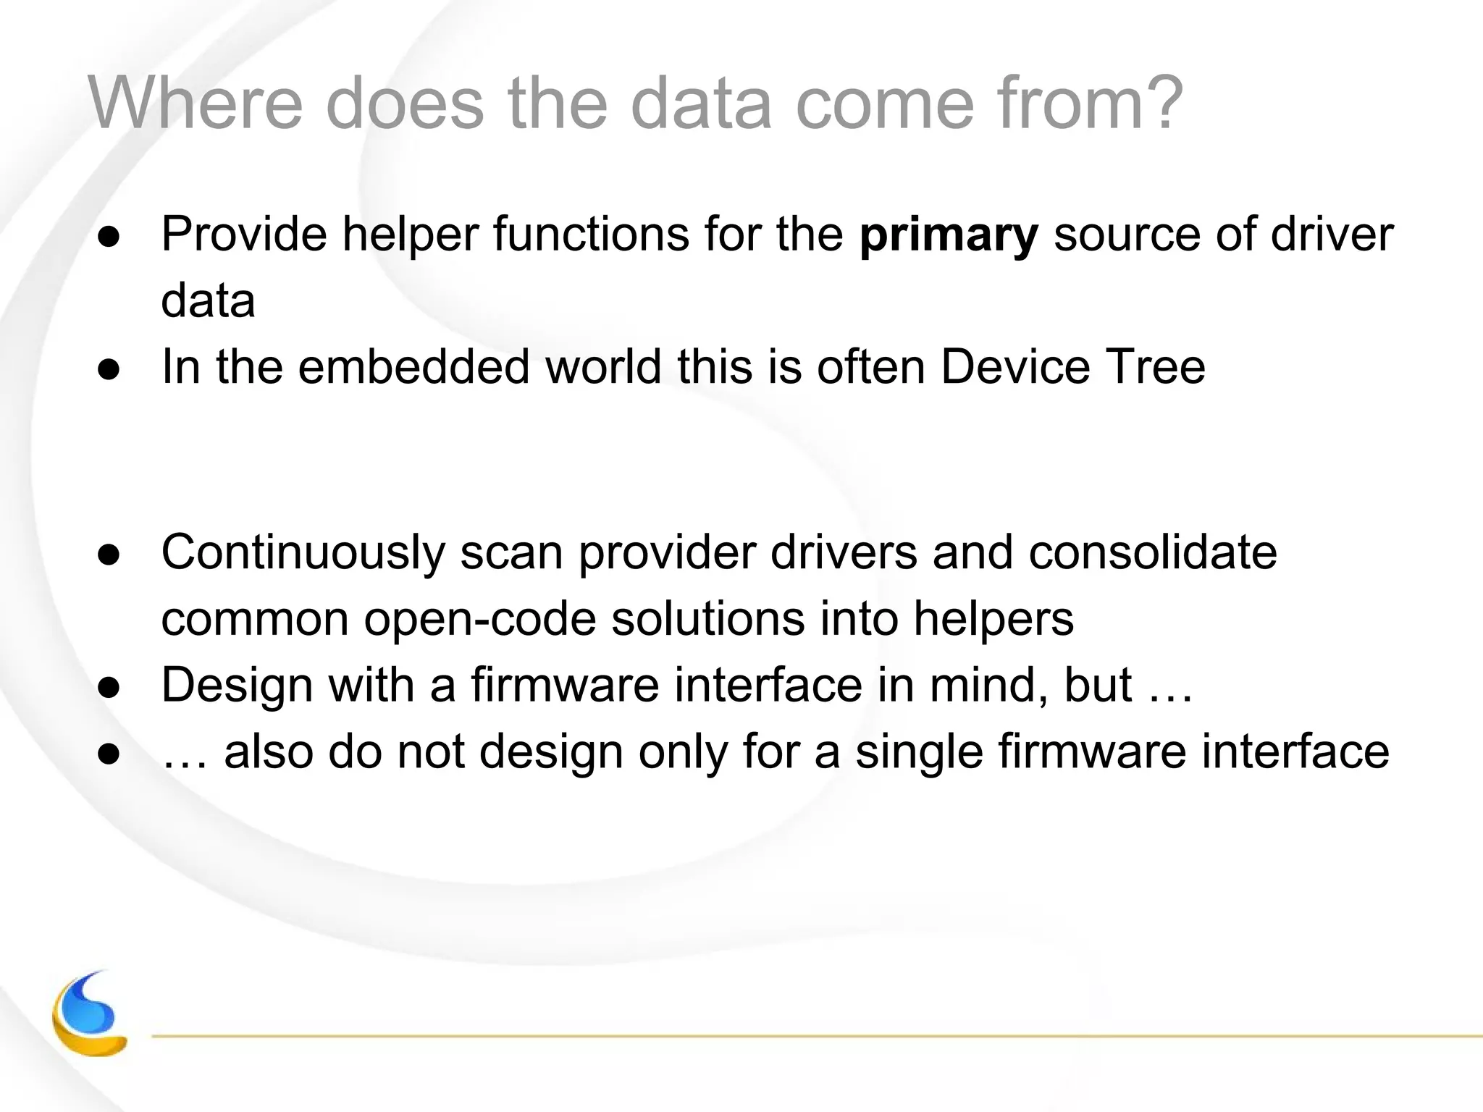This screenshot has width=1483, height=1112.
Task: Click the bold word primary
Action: [x=949, y=235]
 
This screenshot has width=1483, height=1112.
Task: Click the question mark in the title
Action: [x=1161, y=104]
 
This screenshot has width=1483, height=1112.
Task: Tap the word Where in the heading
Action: [x=195, y=104]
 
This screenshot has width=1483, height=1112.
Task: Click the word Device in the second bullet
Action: [x=1015, y=366]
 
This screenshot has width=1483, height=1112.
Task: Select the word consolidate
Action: [x=1153, y=552]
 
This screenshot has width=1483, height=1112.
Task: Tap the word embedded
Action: [x=413, y=366]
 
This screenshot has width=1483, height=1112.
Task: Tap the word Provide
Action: [x=244, y=234]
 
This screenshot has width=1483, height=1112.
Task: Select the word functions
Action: [x=591, y=234]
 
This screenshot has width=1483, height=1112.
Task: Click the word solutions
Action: [x=707, y=620]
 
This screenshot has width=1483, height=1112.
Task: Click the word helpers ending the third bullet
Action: [x=993, y=620]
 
